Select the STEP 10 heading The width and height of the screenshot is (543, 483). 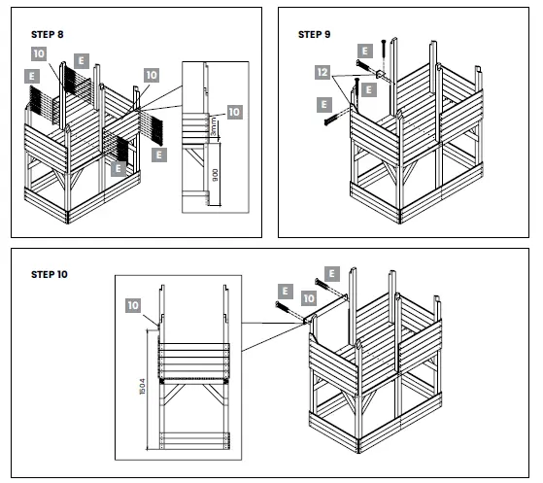pos(50,274)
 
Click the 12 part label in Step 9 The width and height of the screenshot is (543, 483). pos(322,72)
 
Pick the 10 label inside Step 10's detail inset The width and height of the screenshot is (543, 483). pos(133,305)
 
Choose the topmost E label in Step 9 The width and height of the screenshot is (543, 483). pos(364,51)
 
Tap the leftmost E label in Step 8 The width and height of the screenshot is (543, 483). pos(32,74)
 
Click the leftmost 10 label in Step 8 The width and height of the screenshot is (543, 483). pos(38,53)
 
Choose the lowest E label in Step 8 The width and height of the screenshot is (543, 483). pos(118,168)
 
